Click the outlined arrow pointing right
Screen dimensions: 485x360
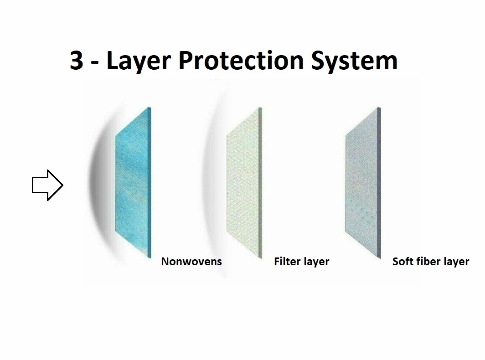(x=47, y=185)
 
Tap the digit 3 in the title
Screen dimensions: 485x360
(x=77, y=60)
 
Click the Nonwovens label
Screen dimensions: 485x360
(x=191, y=262)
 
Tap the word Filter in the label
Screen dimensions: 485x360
(x=287, y=262)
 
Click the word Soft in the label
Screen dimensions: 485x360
(x=403, y=262)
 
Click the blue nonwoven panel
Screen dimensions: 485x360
(x=133, y=182)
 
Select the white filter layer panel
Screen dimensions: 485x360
(x=244, y=182)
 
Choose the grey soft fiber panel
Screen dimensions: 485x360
(x=363, y=182)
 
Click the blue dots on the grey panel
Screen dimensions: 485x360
(x=362, y=212)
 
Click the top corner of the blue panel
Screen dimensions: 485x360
(x=150, y=108)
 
